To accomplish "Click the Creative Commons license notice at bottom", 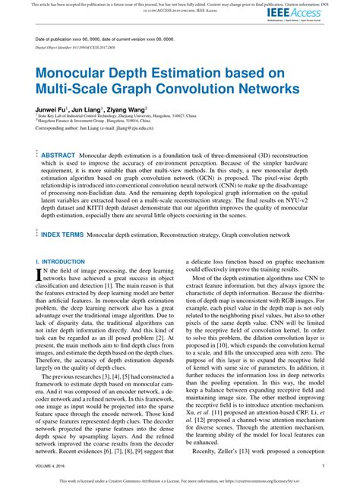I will pyautogui.click(x=179, y=480).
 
